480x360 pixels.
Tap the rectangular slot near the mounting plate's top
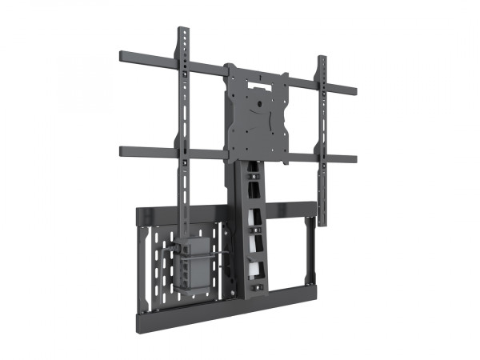pos(258,79)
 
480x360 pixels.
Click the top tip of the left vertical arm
pos(183,30)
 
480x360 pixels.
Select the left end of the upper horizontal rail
pos(121,56)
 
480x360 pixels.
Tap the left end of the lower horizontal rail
pos(121,149)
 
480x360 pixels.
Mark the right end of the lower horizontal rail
pos(356,158)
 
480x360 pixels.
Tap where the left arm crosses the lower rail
pos(184,153)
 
